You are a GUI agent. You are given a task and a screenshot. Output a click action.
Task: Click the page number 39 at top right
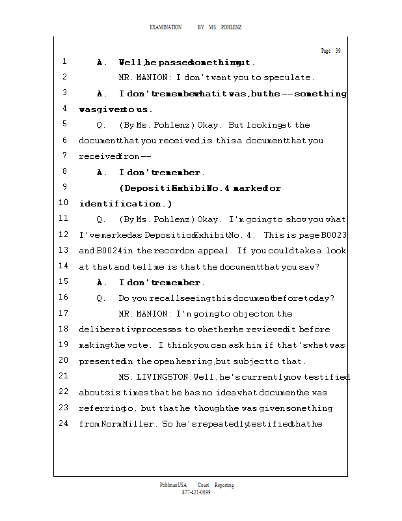coord(338,51)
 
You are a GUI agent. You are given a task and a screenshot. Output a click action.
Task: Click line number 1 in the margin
coord(65,62)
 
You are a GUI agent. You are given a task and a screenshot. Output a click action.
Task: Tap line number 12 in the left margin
coord(64,234)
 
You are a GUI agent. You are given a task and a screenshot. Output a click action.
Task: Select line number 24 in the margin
coord(64,423)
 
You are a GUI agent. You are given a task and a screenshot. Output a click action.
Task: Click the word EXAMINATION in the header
coord(166,27)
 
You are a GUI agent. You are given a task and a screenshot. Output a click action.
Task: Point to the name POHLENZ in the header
coord(231,27)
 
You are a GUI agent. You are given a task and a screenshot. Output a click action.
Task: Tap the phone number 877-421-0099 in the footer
coord(196,492)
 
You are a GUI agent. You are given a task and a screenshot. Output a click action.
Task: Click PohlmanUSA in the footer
coord(173,485)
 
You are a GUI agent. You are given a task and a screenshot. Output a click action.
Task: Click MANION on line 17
coord(155,314)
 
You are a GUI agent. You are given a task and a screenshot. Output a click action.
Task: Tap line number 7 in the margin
coord(65,156)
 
